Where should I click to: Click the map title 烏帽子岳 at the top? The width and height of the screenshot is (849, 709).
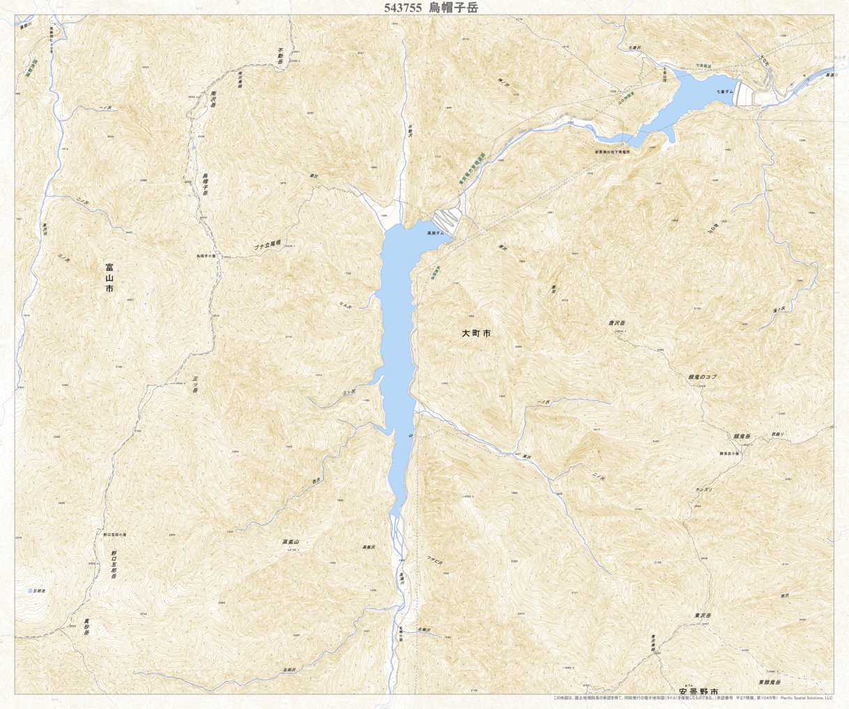pos(454,8)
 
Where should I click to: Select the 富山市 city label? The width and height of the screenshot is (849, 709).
pos(109,277)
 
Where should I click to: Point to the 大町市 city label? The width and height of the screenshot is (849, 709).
pos(476,334)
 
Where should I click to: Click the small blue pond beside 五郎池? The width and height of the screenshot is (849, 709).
pos(30,591)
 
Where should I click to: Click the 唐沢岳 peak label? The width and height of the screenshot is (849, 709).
pos(618,324)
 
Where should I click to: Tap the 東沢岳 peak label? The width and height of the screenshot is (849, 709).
pos(702,615)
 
